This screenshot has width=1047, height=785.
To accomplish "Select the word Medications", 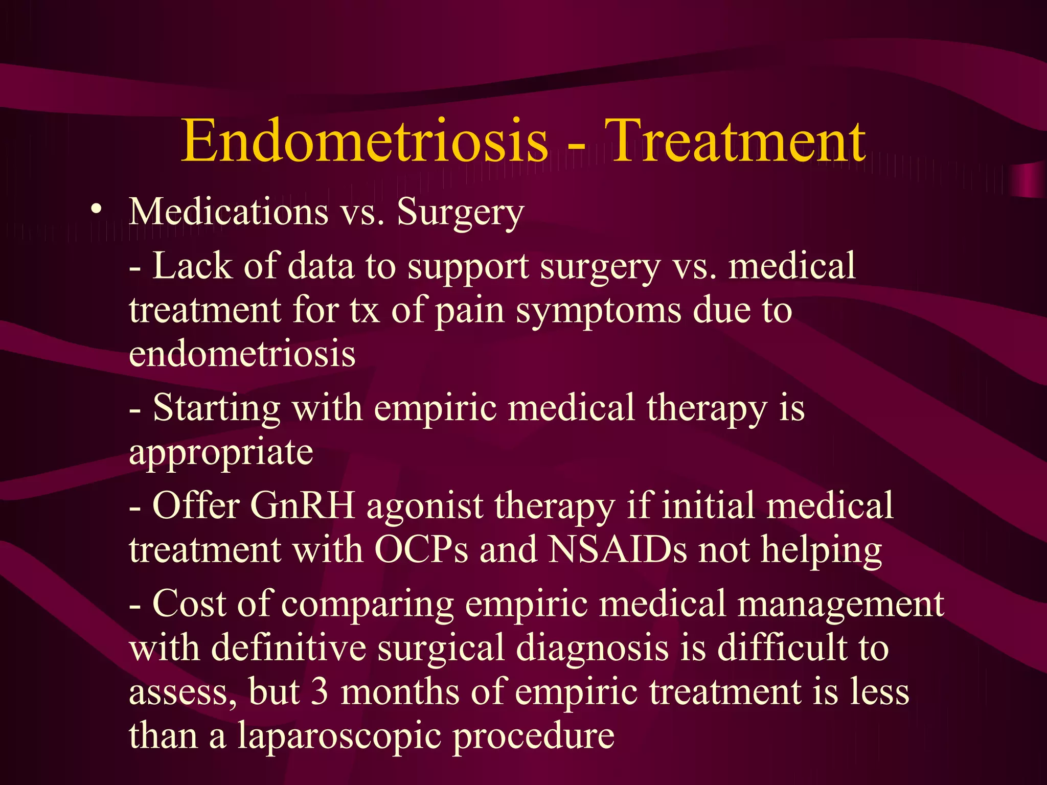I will pos(229,212).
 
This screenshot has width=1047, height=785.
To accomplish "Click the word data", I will pos(321,266).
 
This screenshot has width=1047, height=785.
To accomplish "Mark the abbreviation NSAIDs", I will pos(618,550).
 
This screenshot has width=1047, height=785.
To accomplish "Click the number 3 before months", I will pos(320,692).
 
